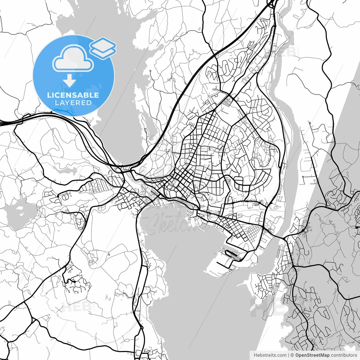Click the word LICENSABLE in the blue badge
(73, 95)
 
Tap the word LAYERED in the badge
(73, 103)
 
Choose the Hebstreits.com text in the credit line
(270, 355)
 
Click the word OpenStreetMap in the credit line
(312, 355)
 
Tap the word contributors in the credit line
(344, 355)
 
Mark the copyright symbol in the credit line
(292, 355)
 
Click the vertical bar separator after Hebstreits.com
(289, 355)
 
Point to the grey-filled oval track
(92, 262)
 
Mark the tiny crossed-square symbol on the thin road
(109, 255)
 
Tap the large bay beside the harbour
(197, 295)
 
